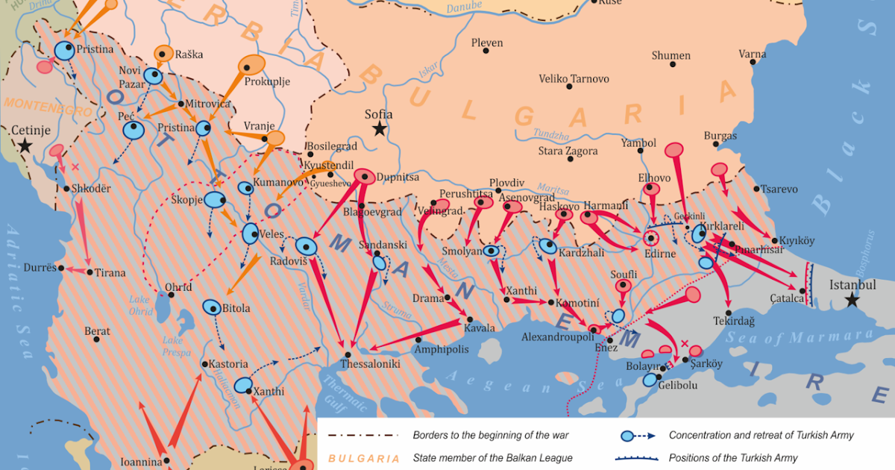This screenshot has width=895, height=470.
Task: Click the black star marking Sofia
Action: point(380,129)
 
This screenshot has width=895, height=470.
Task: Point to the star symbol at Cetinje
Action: point(26,145)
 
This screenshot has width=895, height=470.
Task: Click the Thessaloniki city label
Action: point(370,365)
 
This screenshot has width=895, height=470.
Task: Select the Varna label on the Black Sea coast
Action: point(752,54)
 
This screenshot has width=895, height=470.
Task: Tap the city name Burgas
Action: point(720,136)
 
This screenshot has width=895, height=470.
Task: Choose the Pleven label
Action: point(487,43)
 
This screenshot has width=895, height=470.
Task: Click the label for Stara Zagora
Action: point(568,151)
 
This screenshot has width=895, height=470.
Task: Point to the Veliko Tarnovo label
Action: point(574,78)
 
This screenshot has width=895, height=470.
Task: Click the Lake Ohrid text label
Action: point(139,304)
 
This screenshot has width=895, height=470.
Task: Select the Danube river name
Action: point(465,9)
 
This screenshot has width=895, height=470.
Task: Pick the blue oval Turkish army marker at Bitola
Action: point(211,307)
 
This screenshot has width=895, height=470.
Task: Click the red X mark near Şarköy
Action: point(685,343)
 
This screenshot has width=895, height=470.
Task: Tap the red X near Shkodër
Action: point(75,167)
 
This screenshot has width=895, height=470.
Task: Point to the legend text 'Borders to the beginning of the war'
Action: point(495,435)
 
